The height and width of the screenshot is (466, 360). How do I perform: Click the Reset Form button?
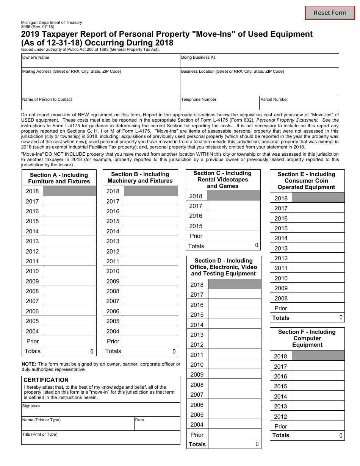(330, 13)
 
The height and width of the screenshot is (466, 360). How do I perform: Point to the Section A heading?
(59, 178)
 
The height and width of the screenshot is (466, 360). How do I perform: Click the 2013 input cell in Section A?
(70, 241)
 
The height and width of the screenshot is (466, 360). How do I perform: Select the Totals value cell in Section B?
(151, 351)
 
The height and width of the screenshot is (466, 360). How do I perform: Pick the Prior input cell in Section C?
(234, 236)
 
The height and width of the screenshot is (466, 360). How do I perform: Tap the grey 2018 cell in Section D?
(235, 285)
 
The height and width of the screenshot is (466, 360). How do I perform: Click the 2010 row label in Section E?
(281, 278)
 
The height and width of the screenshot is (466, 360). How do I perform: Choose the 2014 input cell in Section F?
(318, 396)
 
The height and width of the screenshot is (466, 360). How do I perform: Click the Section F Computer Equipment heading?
(307, 338)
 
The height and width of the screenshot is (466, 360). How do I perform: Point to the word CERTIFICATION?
(46, 380)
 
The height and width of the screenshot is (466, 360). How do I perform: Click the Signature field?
(100, 410)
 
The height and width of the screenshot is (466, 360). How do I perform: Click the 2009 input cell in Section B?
(151, 281)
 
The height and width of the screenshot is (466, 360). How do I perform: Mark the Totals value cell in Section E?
(318, 318)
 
